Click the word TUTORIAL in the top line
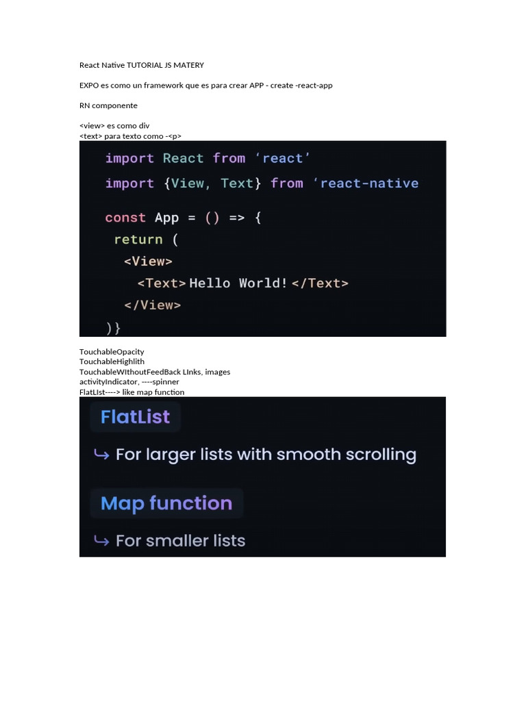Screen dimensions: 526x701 (140, 65)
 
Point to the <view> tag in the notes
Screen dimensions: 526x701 (92, 126)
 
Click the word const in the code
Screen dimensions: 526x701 (125, 218)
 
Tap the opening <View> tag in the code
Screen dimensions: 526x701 (148, 262)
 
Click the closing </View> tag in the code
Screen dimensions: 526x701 (152, 305)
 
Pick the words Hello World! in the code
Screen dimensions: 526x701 (238, 283)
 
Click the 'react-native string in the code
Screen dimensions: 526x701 (366, 183)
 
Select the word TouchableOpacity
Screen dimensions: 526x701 (112, 352)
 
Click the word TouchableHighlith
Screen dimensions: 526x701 (112, 361)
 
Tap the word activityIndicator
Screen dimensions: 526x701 (108, 382)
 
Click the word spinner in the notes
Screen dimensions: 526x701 (166, 382)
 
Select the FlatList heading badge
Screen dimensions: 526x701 (135, 417)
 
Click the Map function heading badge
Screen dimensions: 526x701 (166, 503)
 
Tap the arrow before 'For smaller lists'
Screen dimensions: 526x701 (101, 541)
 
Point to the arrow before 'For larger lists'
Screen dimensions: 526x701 (101, 455)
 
